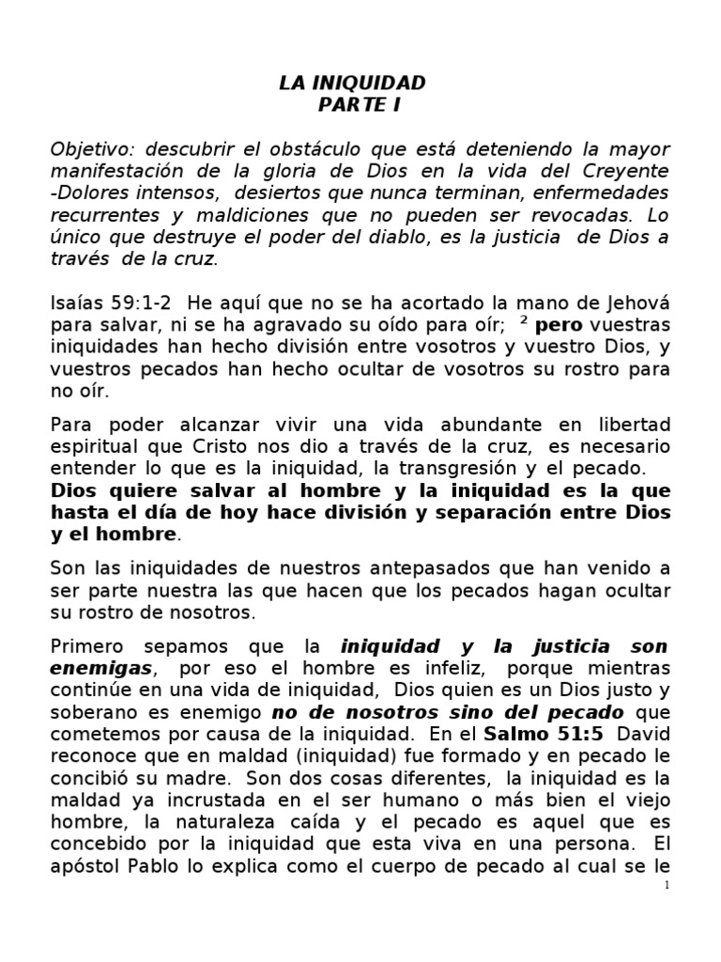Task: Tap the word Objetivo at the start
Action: coord(87,149)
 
